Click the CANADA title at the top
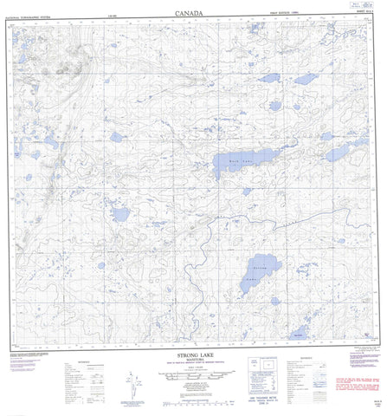[x=193, y=14]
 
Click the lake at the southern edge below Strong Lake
[x=299, y=333]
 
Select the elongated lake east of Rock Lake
[x=335, y=153]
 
